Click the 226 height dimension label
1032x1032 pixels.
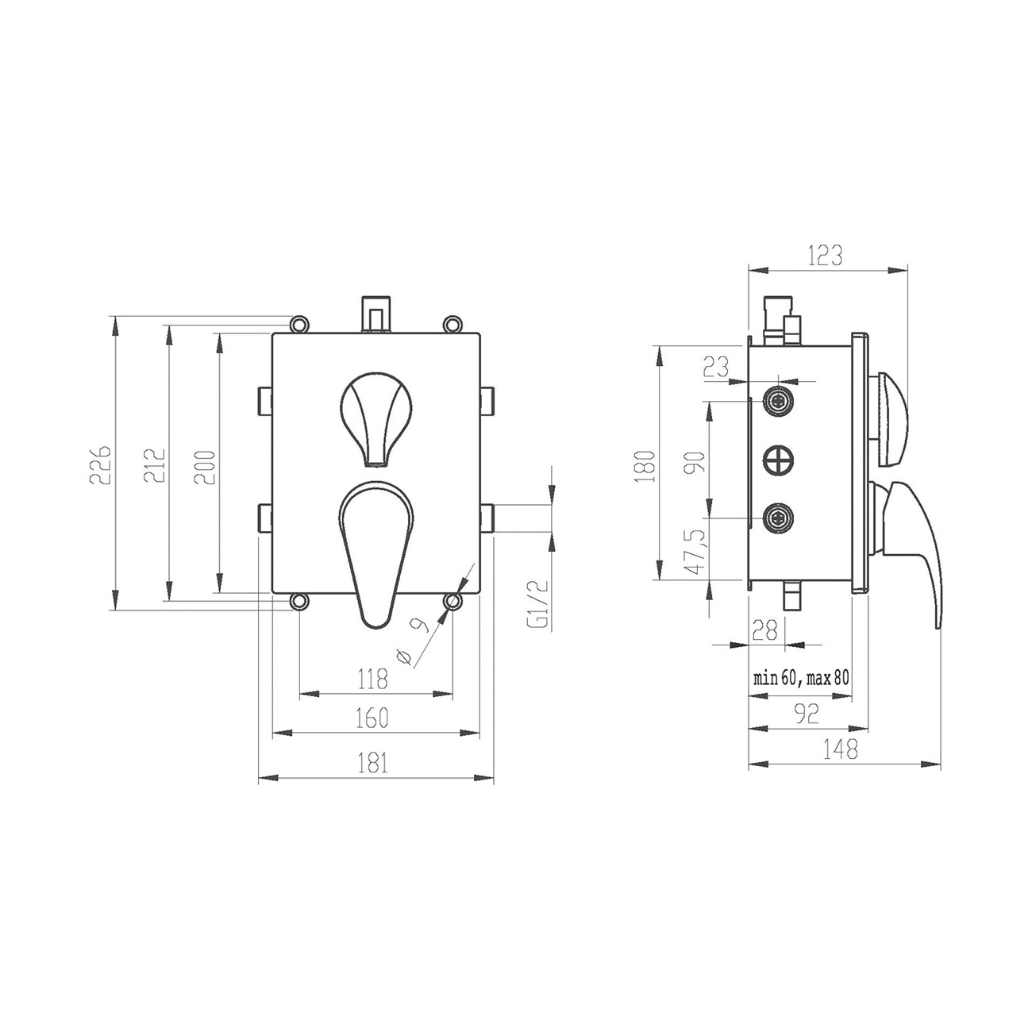(x=101, y=464)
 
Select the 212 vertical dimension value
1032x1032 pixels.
(x=154, y=465)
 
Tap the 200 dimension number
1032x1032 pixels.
(x=204, y=467)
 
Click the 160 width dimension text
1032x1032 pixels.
(x=372, y=718)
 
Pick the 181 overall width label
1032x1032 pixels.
(x=373, y=763)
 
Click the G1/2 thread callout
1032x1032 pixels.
(x=541, y=603)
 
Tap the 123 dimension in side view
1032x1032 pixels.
(x=826, y=256)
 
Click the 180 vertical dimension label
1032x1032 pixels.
(x=645, y=466)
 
